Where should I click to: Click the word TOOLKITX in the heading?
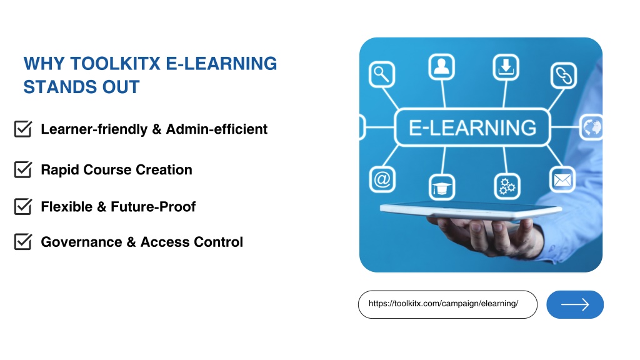coord(115,64)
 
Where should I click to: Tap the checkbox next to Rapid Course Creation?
coord(23,169)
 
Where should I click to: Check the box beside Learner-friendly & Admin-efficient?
coord(23,129)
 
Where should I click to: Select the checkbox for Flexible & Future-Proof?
coord(23,206)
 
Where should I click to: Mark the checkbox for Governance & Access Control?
coord(23,242)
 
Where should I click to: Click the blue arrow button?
coord(575,304)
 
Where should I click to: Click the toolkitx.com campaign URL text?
coord(443,304)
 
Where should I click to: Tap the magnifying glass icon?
coord(382,74)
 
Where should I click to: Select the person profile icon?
coord(441,66)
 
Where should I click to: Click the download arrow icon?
coord(506,67)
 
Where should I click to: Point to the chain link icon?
coord(564,76)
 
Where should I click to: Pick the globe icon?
coord(591,127)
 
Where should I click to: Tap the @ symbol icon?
coord(382,179)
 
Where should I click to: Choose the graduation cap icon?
coord(442,187)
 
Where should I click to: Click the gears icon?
coord(507,186)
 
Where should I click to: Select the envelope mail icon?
coord(562,179)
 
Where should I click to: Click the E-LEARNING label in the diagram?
coord(472,127)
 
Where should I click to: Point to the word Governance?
coord(81,242)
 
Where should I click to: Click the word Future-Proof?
coord(153,206)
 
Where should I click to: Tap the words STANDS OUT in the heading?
coord(81,87)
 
